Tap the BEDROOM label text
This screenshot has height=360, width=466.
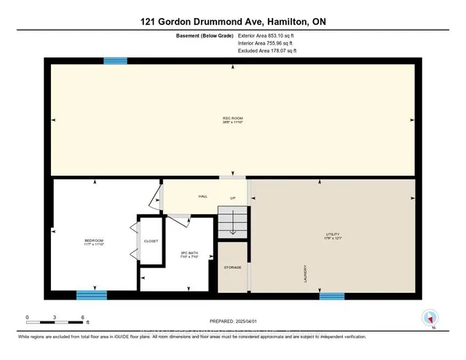94,240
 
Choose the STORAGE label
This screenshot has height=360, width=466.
232,267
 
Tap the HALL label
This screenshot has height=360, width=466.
204,196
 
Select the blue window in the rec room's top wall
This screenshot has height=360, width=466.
115,61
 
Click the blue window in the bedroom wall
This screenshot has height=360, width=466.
92,295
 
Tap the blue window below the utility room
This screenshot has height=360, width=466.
331,295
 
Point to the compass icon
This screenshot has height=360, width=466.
431,318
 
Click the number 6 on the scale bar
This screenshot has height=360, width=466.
82,318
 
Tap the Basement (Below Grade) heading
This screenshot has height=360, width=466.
203,35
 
